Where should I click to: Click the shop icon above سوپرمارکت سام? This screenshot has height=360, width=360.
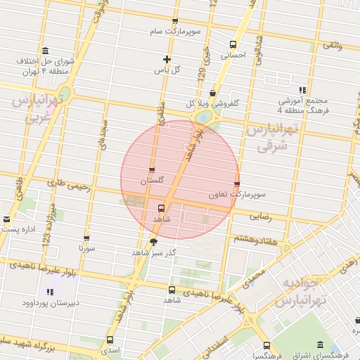(175, 21)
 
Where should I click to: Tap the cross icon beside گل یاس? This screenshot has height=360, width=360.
(166, 60)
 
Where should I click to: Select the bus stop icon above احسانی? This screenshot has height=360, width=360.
(233, 41)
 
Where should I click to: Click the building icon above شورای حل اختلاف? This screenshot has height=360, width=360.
(46, 50)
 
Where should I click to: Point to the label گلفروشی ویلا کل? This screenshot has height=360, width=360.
(212, 103)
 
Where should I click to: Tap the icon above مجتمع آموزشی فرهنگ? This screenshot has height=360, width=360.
(302, 90)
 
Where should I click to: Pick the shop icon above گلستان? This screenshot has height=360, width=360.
(152, 170)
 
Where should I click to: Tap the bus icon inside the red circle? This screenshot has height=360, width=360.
(162, 209)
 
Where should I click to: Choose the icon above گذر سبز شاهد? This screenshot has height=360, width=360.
(154, 241)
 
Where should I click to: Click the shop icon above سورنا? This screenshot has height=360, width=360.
(86, 238)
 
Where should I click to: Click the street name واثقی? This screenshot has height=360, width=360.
(332, 44)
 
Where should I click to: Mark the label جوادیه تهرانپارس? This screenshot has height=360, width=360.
(302, 291)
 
